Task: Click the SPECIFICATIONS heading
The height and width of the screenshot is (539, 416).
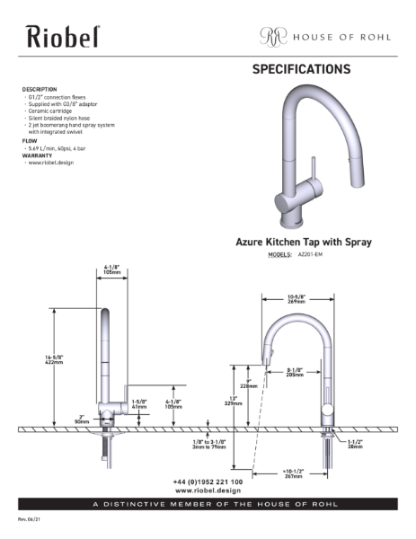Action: pos(301,69)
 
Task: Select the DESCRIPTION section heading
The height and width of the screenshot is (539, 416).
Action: pos(40,90)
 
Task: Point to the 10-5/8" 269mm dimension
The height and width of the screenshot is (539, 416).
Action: pos(297,299)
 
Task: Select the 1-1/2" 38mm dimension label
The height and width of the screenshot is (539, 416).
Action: pos(355,444)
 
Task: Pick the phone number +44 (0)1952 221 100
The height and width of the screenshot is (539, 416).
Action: pos(208,482)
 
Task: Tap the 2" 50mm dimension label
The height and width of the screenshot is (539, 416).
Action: pos(82,418)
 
